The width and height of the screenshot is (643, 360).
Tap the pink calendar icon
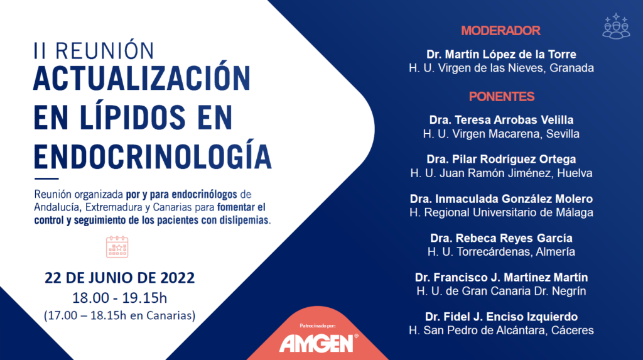point(117,247)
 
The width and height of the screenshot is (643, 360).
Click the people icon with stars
point(616,26)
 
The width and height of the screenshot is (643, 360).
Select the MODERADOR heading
point(500,31)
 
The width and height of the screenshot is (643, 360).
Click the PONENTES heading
point(502,97)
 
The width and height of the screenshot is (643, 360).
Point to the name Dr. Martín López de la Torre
point(501,54)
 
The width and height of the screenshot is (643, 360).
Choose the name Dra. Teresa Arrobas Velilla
point(501,120)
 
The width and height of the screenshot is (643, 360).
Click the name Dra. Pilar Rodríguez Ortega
point(501,160)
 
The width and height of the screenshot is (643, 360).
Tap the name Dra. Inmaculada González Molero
point(501,199)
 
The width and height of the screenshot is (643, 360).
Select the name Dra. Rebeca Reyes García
point(501,238)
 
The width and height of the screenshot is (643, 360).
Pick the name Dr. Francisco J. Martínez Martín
point(501,278)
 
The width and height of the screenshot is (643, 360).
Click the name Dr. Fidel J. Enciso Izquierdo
point(501,317)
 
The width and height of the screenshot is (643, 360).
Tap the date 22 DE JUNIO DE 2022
point(120,278)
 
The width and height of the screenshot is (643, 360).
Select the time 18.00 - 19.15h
point(120,298)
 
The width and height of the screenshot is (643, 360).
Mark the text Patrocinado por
point(317,326)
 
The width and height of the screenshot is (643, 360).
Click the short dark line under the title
point(46,178)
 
